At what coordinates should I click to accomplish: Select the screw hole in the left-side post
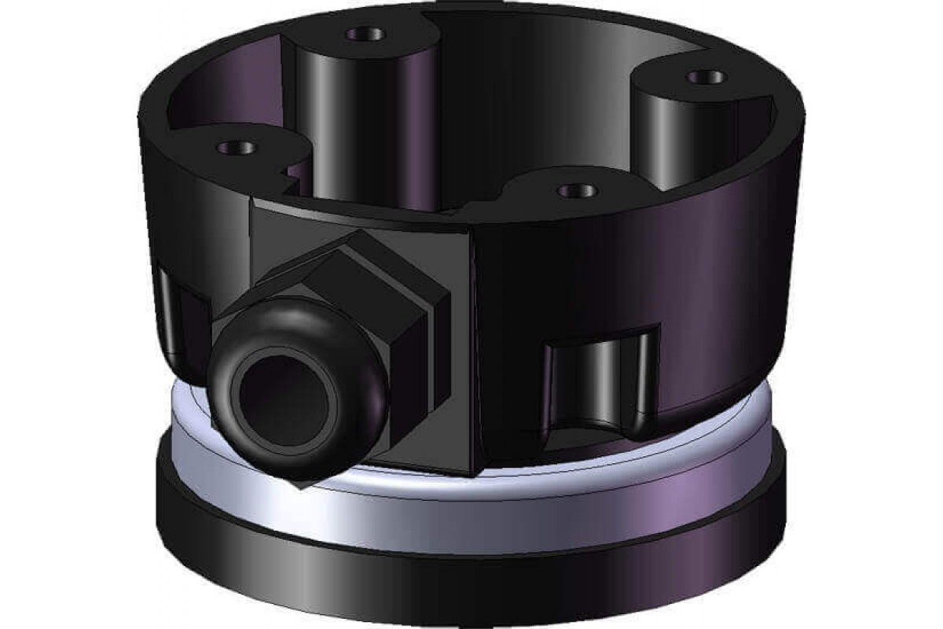click(235, 146)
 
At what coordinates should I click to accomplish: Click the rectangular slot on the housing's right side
click(601, 381)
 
